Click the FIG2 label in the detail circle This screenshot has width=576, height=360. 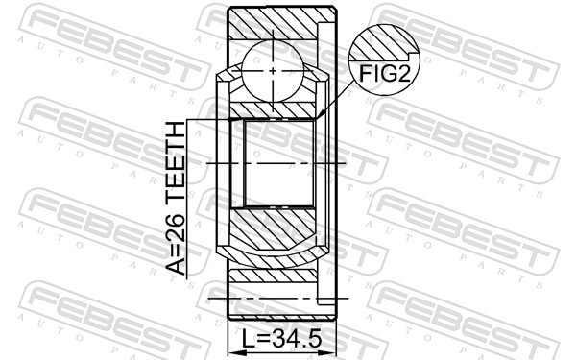384,74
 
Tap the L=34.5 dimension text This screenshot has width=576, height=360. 282,338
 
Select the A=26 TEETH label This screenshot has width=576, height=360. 176,199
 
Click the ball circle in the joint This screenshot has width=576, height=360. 273,70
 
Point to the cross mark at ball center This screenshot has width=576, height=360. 273,70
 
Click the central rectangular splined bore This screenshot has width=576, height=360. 279,163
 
